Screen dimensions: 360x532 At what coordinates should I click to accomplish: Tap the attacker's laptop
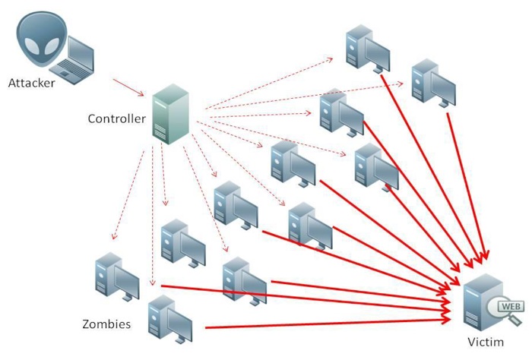[77, 60]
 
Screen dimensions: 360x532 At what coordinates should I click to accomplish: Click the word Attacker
[32, 82]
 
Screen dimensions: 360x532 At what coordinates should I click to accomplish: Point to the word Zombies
[106, 324]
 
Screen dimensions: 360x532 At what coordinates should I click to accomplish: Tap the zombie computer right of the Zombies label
[169, 319]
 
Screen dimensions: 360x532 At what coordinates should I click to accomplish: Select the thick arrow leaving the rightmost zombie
[465, 190]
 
